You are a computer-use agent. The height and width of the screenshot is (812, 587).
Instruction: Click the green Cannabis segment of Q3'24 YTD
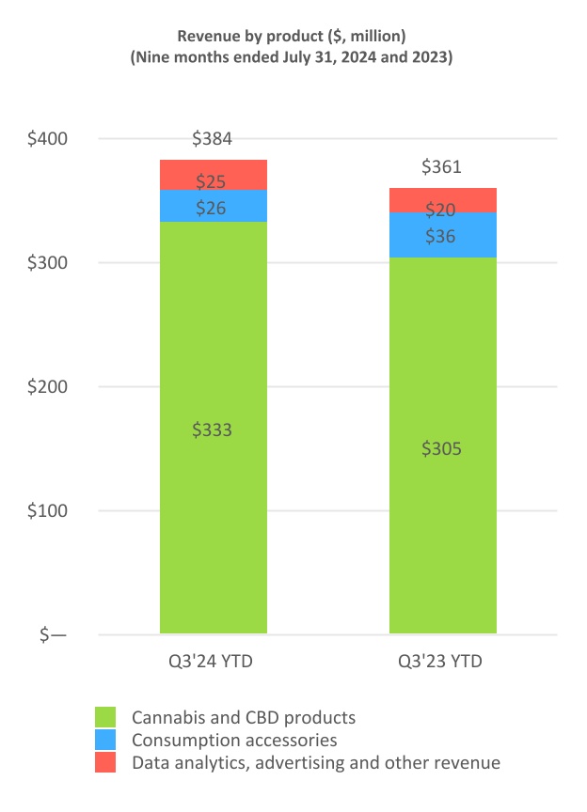(213, 489)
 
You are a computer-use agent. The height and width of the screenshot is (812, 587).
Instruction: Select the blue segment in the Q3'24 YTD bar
(213, 207)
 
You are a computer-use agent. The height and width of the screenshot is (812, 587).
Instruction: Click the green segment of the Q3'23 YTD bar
(442, 507)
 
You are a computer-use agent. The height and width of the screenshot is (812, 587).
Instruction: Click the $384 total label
(213, 139)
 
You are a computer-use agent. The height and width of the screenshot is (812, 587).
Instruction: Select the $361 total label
(442, 167)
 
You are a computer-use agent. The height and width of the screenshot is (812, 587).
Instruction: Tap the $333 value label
(213, 429)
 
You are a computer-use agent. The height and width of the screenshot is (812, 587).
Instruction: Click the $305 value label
(442, 448)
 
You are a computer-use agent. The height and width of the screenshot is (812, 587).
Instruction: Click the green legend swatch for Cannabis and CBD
(106, 717)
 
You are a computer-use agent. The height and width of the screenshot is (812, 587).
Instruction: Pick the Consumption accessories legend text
(234, 741)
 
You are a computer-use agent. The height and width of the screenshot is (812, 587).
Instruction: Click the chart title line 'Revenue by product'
(292, 36)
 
